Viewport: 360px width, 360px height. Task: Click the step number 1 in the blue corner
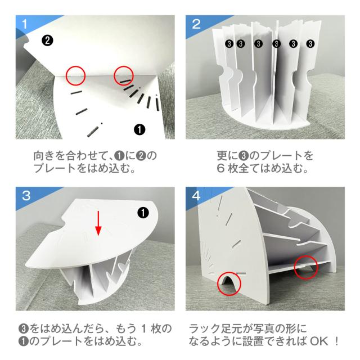point(25,24)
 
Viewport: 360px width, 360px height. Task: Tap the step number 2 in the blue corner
point(196,24)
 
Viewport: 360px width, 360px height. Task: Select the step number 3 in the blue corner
point(26,196)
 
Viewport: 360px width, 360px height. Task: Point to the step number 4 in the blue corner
point(196,196)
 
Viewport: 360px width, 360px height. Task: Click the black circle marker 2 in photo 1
point(47,40)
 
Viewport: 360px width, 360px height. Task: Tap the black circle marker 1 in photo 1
point(139,130)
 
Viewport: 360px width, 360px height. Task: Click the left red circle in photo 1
point(75,75)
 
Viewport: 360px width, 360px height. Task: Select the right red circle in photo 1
point(124,75)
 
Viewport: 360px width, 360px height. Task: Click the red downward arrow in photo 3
point(98,223)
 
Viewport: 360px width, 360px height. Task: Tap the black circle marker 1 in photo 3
point(143,213)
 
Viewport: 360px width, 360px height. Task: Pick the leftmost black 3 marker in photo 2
point(229,43)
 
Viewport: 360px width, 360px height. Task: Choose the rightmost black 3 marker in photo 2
point(310,43)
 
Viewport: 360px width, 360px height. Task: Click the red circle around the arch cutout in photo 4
point(229,283)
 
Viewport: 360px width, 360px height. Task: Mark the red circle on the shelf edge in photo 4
point(306,267)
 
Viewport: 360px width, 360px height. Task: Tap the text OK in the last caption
point(319,341)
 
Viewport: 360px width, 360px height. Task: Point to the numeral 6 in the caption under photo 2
point(220,169)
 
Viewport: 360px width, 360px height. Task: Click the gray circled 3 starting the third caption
point(24,328)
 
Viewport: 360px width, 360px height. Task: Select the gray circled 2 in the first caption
point(141,156)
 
